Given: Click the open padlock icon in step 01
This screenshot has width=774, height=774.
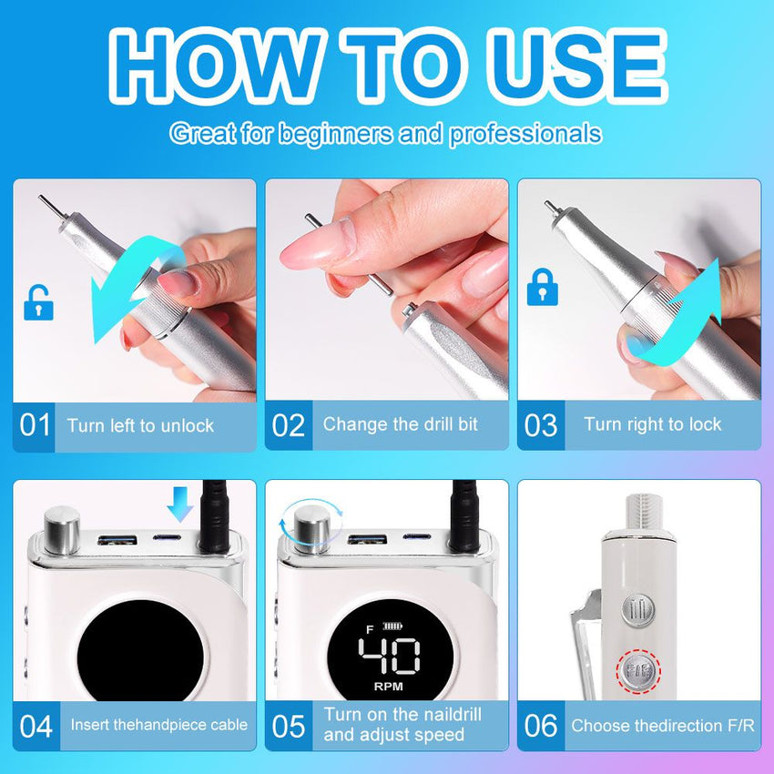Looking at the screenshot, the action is pyautogui.click(x=38, y=302).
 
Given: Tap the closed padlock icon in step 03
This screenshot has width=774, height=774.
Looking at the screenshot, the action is pyautogui.click(x=543, y=287).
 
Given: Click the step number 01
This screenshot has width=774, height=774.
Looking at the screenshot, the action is pyautogui.click(x=35, y=425).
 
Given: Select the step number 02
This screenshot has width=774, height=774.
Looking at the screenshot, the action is pyautogui.click(x=289, y=425).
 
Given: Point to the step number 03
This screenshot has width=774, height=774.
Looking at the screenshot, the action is pyautogui.click(x=541, y=425).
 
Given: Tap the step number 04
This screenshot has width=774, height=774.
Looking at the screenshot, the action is pyautogui.click(x=36, y=726).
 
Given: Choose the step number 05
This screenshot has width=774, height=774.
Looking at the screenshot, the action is pyautogui.click(x=289, y=726).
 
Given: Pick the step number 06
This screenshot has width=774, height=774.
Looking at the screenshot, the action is pyautogui.click(x=541, y=726).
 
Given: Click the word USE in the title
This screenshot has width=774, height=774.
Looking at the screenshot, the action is pyautogui.click(x=576, y=66).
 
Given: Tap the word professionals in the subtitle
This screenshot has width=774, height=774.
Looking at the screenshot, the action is pyautogui.click(x=525, y=134).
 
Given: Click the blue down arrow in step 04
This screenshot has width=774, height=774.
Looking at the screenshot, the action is pyautogui.click(x=179, y=504).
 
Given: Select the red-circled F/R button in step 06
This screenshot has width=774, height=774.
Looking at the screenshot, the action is pyautogui.click(x=638, y=671).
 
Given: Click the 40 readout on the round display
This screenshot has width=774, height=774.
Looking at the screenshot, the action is pyautogui.click(x=389, y=656).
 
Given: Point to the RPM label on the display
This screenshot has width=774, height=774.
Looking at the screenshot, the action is pyautogui.click(x=389, y=687).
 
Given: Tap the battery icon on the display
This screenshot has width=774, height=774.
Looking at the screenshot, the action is pyautogui.click(x=392, y=626).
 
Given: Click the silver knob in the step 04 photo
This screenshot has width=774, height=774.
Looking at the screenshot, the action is pyautogui.click(x=62, y=529).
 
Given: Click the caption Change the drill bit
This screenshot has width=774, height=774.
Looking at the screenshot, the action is pyautogui.click(x=401, y=424).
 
